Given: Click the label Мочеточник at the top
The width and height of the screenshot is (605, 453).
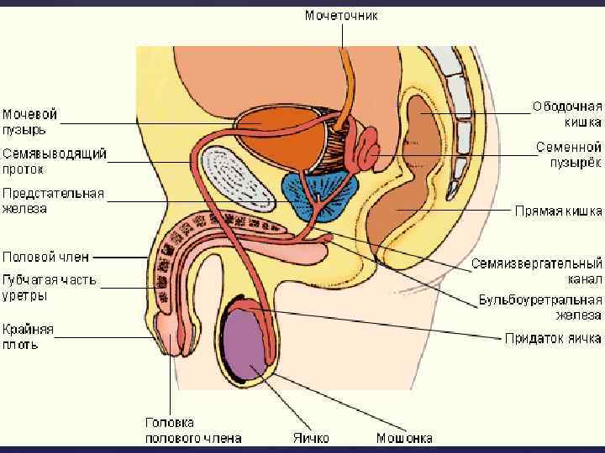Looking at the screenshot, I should (x=341, y=15).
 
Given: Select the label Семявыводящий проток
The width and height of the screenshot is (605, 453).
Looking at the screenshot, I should (x=55, y=162).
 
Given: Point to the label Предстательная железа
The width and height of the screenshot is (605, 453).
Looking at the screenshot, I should (x=53, y=200).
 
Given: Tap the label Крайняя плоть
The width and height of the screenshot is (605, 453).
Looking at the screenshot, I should (x=28, y=336).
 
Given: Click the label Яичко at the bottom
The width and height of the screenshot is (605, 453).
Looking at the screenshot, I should (x=311, y=437).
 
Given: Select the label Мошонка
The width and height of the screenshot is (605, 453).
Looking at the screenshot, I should (x=404, y=437).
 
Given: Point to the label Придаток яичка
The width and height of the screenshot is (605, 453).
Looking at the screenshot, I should (x=553, y=339).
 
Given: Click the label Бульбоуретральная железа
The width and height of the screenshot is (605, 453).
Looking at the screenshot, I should (x=540, y=307).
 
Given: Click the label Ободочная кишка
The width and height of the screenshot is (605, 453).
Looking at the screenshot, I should (x=567, y=114).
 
